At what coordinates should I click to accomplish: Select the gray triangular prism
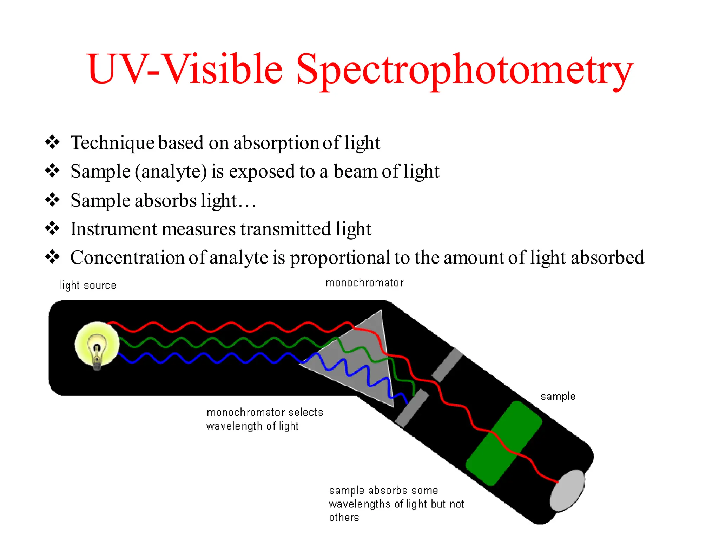tap(362, 358)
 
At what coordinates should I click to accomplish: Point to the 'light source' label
tap(88, 285)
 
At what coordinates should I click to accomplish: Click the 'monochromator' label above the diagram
tap(364, 283)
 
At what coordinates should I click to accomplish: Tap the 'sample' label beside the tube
tap(558, 397)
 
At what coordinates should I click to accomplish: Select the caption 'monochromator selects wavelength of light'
tap(264, 419)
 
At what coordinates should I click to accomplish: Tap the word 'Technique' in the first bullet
tap(112, 143)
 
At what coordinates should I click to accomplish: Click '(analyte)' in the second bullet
tap(171, 172)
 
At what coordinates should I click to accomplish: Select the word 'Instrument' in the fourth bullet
tap(114, 229)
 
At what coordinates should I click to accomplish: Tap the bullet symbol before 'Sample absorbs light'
tap(52, 200)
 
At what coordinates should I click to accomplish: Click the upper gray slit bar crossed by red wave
tap(447, 365)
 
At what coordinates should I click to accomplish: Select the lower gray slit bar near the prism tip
tap(412, 408)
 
